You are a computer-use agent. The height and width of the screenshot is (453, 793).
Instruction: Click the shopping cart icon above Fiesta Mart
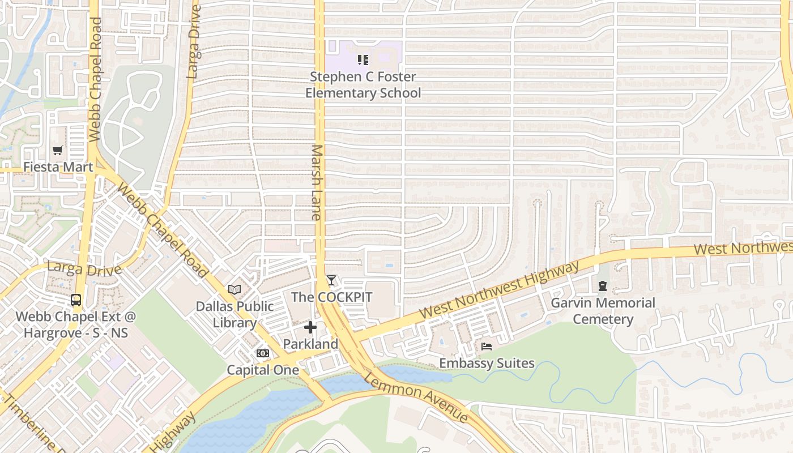coord(57,151)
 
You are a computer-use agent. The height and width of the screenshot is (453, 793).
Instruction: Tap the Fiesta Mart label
coord(58,167)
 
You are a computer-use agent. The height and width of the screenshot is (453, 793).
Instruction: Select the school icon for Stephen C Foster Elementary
coord(363,59)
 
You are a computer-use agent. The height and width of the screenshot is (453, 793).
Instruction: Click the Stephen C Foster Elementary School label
coord(363,85)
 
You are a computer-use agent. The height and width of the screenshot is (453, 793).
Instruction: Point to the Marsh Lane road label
coord(317,182)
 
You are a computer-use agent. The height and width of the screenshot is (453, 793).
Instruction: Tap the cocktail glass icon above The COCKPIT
coord(331,280)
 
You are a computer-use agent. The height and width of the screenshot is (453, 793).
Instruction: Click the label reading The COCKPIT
coord(331,297)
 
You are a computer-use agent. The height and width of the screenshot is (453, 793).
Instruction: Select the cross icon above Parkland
coord(310,327)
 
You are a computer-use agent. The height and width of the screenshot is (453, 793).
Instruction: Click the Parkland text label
coord(310,344)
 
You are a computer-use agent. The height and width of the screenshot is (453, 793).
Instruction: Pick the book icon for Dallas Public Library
coord(235,289)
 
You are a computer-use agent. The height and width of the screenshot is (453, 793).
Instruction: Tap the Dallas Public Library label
coord(235,314)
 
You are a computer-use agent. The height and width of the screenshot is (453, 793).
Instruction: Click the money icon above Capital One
coord(263,353)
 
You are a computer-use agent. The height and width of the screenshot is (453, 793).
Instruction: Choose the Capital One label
coord(263,370)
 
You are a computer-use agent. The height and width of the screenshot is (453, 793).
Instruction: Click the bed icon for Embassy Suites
coord(487,347)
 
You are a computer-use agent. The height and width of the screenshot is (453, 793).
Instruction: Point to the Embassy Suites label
coord(487,363)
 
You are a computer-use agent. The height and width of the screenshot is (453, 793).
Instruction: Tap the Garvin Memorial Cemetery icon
coord(603,286)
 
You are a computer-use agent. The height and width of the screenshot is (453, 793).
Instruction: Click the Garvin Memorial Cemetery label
coord(603,311)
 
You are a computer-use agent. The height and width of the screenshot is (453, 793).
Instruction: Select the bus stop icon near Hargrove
coord(76,300)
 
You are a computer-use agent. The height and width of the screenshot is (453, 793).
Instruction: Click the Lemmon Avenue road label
coord(416,396)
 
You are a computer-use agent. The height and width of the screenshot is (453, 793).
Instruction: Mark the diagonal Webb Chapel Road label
coord(162,230)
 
